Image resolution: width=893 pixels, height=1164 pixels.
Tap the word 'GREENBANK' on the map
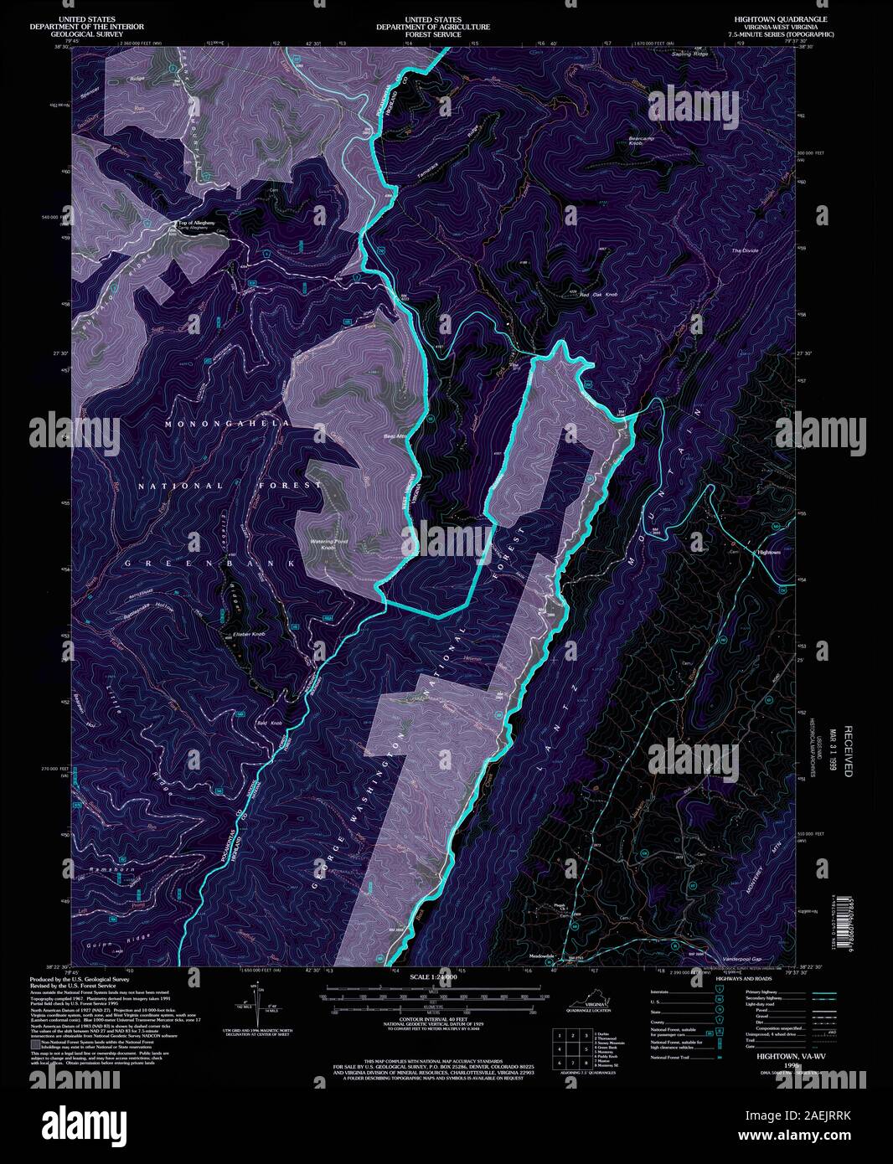click(x=209, y=564)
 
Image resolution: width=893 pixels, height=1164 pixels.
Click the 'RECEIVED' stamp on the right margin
click(x=847, y=751)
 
